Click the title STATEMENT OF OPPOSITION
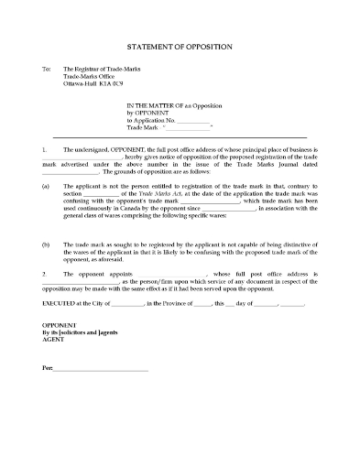coord(180,46)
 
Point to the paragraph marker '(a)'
coord(46,185)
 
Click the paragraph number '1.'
coord(45,147)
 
